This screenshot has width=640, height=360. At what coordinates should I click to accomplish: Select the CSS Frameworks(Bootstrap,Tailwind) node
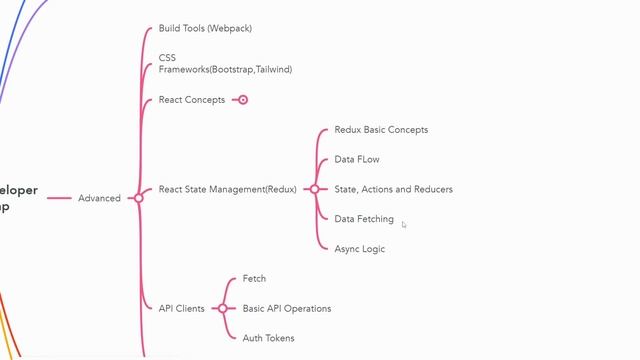225,64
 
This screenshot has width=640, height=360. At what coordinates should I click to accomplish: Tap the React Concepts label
192,100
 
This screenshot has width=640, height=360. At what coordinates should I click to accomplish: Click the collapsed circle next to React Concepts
242,100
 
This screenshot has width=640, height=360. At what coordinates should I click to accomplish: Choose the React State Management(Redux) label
227,189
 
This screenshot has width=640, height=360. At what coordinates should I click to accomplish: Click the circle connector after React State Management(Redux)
314,189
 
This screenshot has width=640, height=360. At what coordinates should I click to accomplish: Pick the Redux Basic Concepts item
381,130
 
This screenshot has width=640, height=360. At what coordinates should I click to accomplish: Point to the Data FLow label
357,160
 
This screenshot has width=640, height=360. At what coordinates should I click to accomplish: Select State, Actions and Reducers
393,189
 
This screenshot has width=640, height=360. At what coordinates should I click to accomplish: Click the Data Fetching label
364,219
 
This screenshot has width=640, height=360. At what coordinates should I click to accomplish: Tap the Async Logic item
359,249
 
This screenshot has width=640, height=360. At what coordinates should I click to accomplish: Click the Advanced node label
99,198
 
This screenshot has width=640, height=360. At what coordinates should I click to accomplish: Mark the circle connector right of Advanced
138,198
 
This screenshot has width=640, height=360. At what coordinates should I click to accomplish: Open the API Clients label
181,308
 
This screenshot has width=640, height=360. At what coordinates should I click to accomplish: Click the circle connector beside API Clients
222,308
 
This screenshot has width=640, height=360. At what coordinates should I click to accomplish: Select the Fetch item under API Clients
254,279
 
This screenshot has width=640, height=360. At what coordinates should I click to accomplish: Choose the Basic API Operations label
287,308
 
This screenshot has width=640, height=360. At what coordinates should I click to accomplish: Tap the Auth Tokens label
269,338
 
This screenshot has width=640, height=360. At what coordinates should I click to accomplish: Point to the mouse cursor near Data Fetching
403,224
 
